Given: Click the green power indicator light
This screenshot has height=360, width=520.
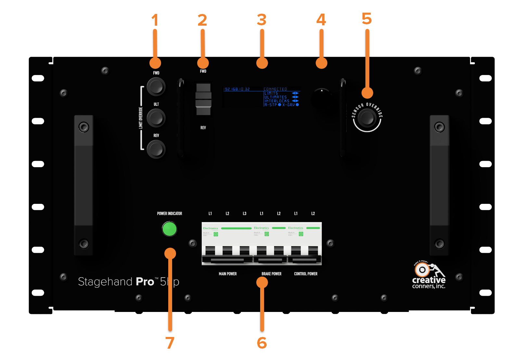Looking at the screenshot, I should [169, 229].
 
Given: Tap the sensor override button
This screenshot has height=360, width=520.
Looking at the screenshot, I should [367, 118].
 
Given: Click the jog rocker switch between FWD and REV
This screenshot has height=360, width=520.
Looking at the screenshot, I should [203, 99].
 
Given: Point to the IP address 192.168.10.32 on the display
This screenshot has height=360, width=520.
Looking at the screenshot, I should [237, 89].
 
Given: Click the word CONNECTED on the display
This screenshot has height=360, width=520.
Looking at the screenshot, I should [275, 89].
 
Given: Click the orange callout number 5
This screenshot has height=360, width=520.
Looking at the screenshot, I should [367, 19].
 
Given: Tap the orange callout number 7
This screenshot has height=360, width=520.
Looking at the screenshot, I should [170, 343].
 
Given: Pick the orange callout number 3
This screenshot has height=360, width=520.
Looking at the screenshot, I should [261, 20].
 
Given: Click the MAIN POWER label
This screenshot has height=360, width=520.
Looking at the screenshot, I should [228, 274].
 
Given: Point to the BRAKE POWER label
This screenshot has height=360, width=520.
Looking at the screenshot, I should [272, 274].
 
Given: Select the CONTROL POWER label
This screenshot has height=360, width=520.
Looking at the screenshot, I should [306, 274].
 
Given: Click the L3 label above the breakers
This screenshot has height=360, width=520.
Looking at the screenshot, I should [245, 214].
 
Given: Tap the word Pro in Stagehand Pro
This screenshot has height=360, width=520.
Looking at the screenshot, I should [145, 282].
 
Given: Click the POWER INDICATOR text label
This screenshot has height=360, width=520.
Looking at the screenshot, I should [170, 214].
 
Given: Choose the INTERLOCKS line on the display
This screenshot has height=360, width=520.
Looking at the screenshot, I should [277, 101].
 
